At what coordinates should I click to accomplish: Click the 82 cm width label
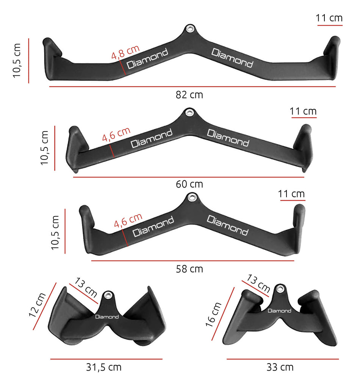point(189,95)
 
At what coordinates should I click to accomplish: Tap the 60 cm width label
point(189,184)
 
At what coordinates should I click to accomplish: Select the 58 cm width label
point(189,269)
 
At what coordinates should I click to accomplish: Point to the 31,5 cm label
point(103,367)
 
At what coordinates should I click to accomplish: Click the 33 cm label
point(280,367)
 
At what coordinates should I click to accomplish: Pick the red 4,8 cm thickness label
point(125,52)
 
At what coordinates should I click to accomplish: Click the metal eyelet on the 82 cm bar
point(189,29)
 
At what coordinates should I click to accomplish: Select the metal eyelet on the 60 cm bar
point(188,112)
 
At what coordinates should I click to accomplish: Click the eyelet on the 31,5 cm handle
point(108,295)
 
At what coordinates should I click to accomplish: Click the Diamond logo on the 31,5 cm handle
point(107,317)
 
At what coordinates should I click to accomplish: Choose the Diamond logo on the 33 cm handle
point(279,311)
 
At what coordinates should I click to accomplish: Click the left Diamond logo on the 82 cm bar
point(147,59)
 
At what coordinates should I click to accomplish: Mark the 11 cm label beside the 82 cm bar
point(329,18)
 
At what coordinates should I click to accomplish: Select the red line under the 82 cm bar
point(192,87)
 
